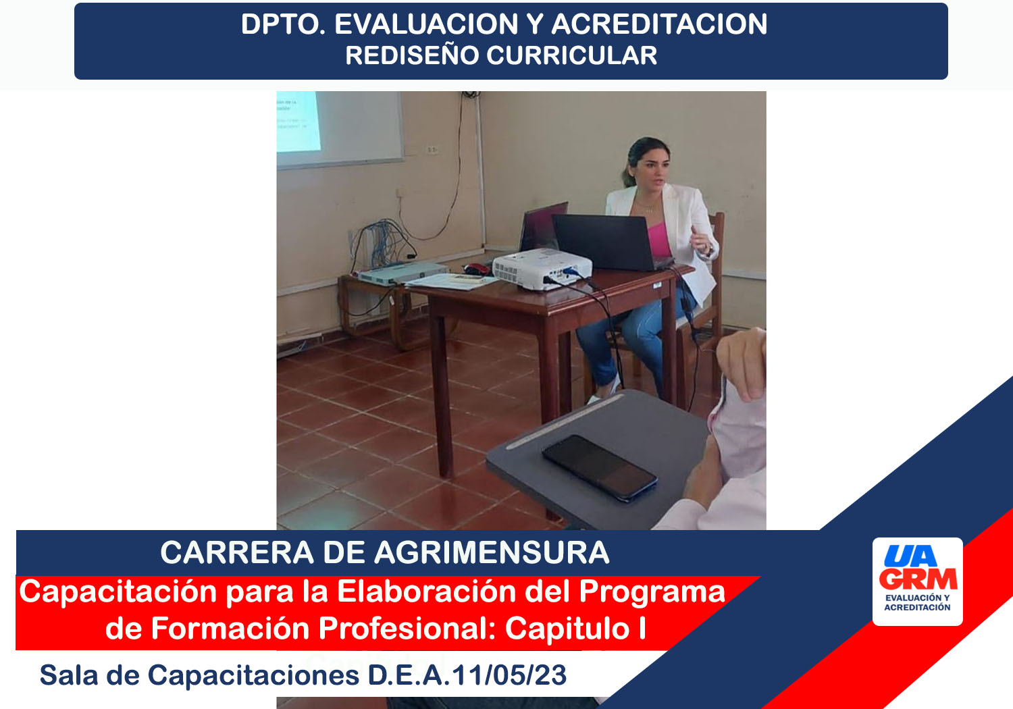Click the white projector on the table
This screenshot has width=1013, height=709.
pyautogui.click(x=542, y=269)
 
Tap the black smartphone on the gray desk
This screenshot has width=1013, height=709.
pyautogui.click(x=600, y=467)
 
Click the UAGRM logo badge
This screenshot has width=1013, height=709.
pyautogui.click(x=918, y=581)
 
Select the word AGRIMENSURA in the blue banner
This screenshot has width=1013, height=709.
pyautogui.click(x=492, y=552)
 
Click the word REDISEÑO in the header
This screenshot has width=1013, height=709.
pyautogui.click(x=412, y=55)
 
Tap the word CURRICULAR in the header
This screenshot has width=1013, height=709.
pyautogui.click(x=571, y=55)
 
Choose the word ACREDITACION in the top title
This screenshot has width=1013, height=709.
pyautogui.click(x=659, y=24)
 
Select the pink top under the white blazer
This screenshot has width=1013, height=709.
pyautogui.click(x=659, y=240)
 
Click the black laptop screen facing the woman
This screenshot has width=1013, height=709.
pyautogui.click(x=604, y=242)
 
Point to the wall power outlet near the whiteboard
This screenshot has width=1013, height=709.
pyautogui.click(x=432, y=149)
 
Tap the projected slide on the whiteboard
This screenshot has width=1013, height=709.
pyautogui.click(x=298, y=121)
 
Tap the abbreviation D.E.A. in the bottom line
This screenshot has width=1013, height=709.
pyautogui.click(x=409, y=675)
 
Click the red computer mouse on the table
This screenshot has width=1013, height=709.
pyautogui.click(x=476, y=269)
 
